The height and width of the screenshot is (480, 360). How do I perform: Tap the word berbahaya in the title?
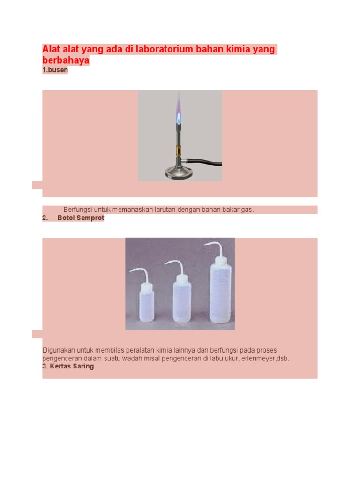point(66,61)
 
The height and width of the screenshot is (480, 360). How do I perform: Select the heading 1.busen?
point(55,70)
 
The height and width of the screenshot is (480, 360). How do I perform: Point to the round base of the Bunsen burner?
point(179,172)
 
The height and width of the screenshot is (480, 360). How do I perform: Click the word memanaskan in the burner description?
point(136,210)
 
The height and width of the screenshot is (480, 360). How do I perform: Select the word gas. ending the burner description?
point(248,210)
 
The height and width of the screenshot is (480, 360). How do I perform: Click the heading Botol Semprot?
point(81,218)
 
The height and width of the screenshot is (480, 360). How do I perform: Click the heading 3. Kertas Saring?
point(68,366)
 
